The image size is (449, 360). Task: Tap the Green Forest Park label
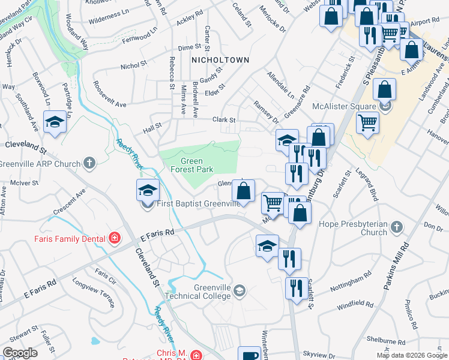tap(191, 165)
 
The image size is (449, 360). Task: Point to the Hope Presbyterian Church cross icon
tap(396, 227)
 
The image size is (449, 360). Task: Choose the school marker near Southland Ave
tap(55, 122)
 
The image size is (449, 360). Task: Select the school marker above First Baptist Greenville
tap(148, 190)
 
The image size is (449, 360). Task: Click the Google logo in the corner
tap(20, 353)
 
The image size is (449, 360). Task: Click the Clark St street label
tap(223, 119)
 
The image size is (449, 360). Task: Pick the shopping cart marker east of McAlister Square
tap(368, 124)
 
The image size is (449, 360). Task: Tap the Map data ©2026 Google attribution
tap(412, 355)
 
